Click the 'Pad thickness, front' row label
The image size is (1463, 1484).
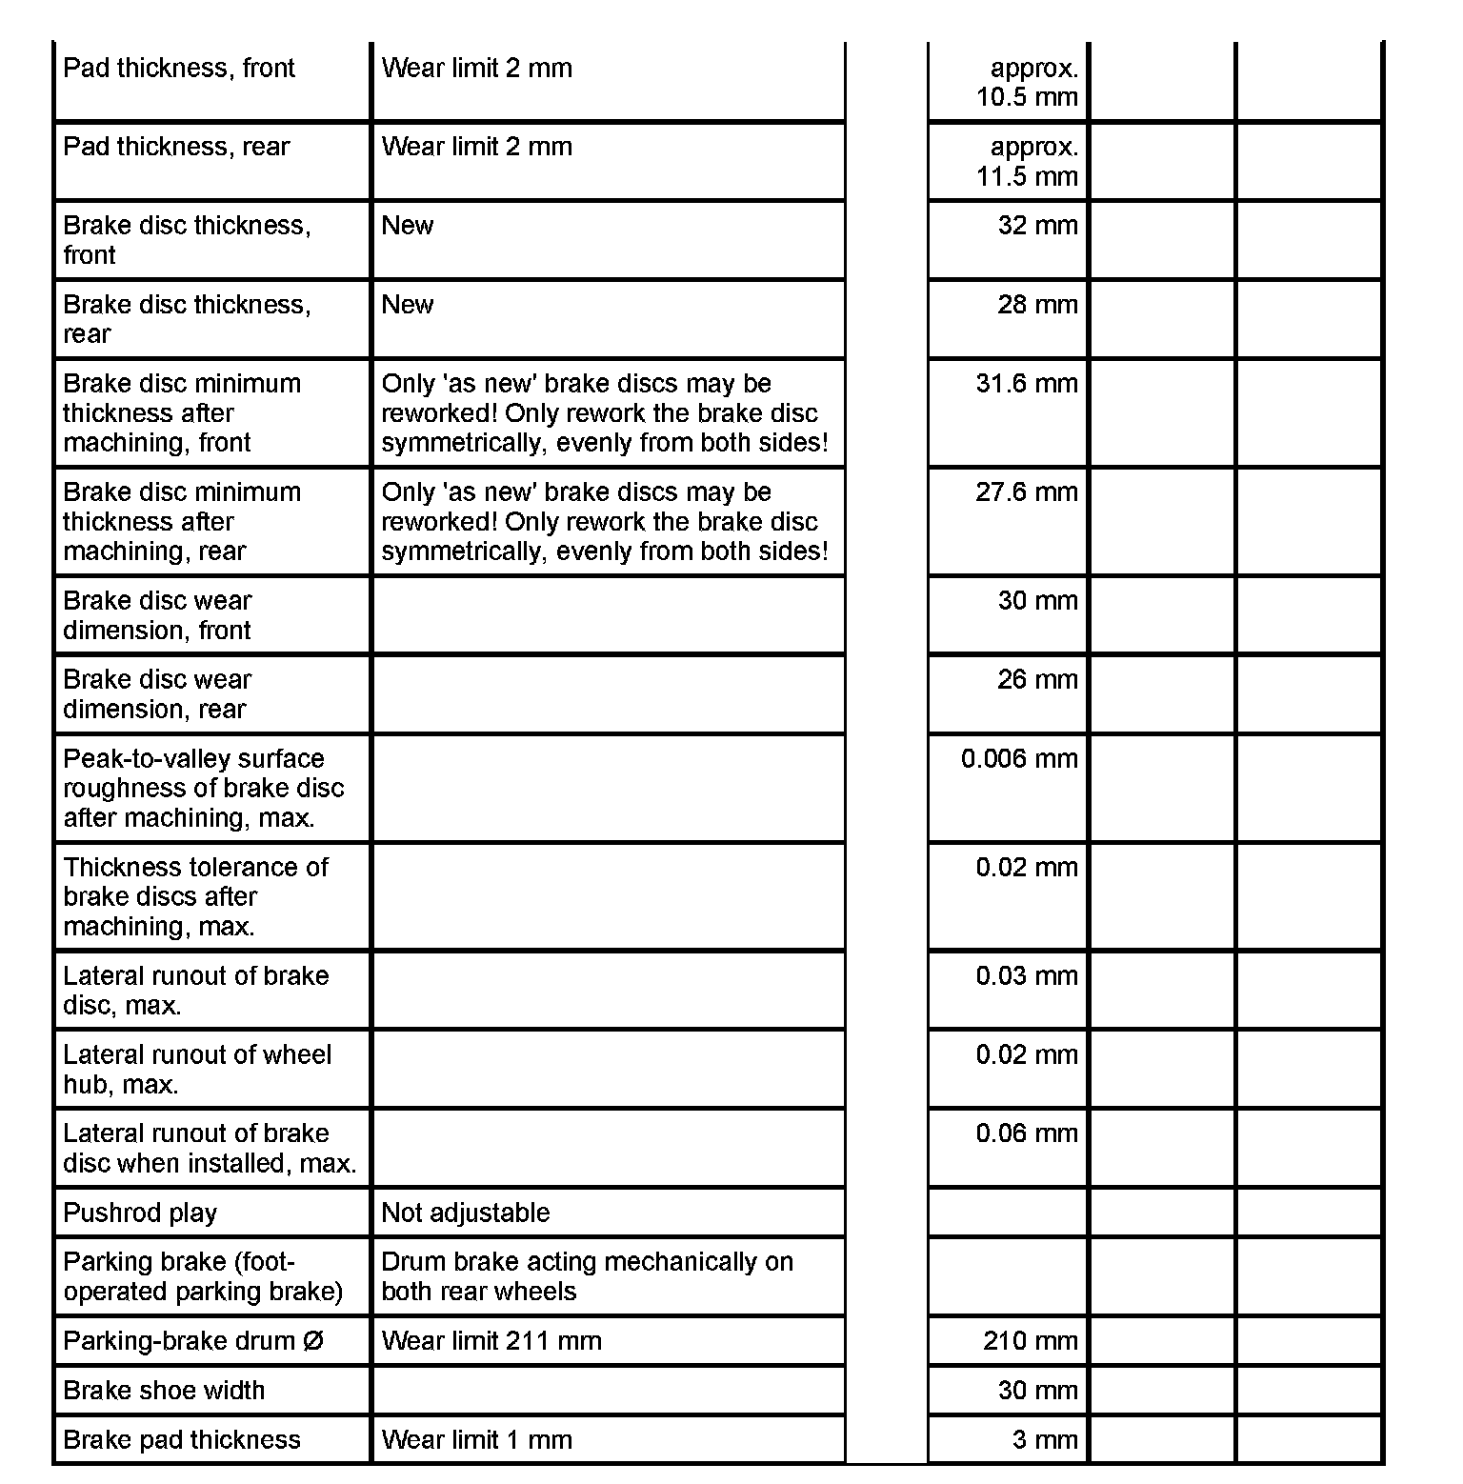pos(179,69)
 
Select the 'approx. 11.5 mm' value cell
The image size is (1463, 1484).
pos(1027,162)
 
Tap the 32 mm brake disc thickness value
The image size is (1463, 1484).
pos(1037,226)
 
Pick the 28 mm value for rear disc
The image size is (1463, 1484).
pos(1037,305)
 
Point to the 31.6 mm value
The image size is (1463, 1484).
pos(1027,384)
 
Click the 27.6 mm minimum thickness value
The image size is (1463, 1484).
pos(1027,492)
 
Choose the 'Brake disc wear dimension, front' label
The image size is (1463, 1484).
pos(157,615)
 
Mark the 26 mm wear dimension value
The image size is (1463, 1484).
pos(1037,680)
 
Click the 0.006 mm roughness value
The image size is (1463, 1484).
pos(1019,759)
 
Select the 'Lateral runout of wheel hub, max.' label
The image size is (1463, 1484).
pos(197,1070)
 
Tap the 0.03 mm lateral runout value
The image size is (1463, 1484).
pos(1027,976)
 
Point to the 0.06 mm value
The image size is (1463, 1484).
pos(1027,1133)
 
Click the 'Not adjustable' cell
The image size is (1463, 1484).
pos(466,1213)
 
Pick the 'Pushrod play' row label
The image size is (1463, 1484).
pos(140,1213)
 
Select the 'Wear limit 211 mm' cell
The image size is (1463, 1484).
pos(491,1341)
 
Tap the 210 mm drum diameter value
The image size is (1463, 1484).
pos(1031,1341)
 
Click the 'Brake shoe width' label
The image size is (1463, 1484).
pos(164,1391)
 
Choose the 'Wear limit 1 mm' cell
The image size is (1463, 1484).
pos(476,1440)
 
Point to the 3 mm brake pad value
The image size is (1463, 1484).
pos(1045,1440)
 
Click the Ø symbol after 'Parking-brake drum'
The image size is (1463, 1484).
pos(313,1341)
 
